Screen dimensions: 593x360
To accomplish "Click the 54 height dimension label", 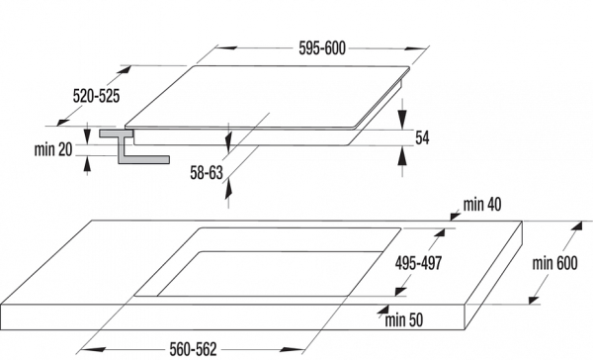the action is [423, 138].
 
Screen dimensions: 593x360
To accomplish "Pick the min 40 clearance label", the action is [482, 205].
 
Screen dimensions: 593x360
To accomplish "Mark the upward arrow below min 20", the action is [87, 162].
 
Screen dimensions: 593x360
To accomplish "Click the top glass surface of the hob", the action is [267, 99].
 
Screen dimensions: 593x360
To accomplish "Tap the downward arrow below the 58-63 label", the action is [229, 198].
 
